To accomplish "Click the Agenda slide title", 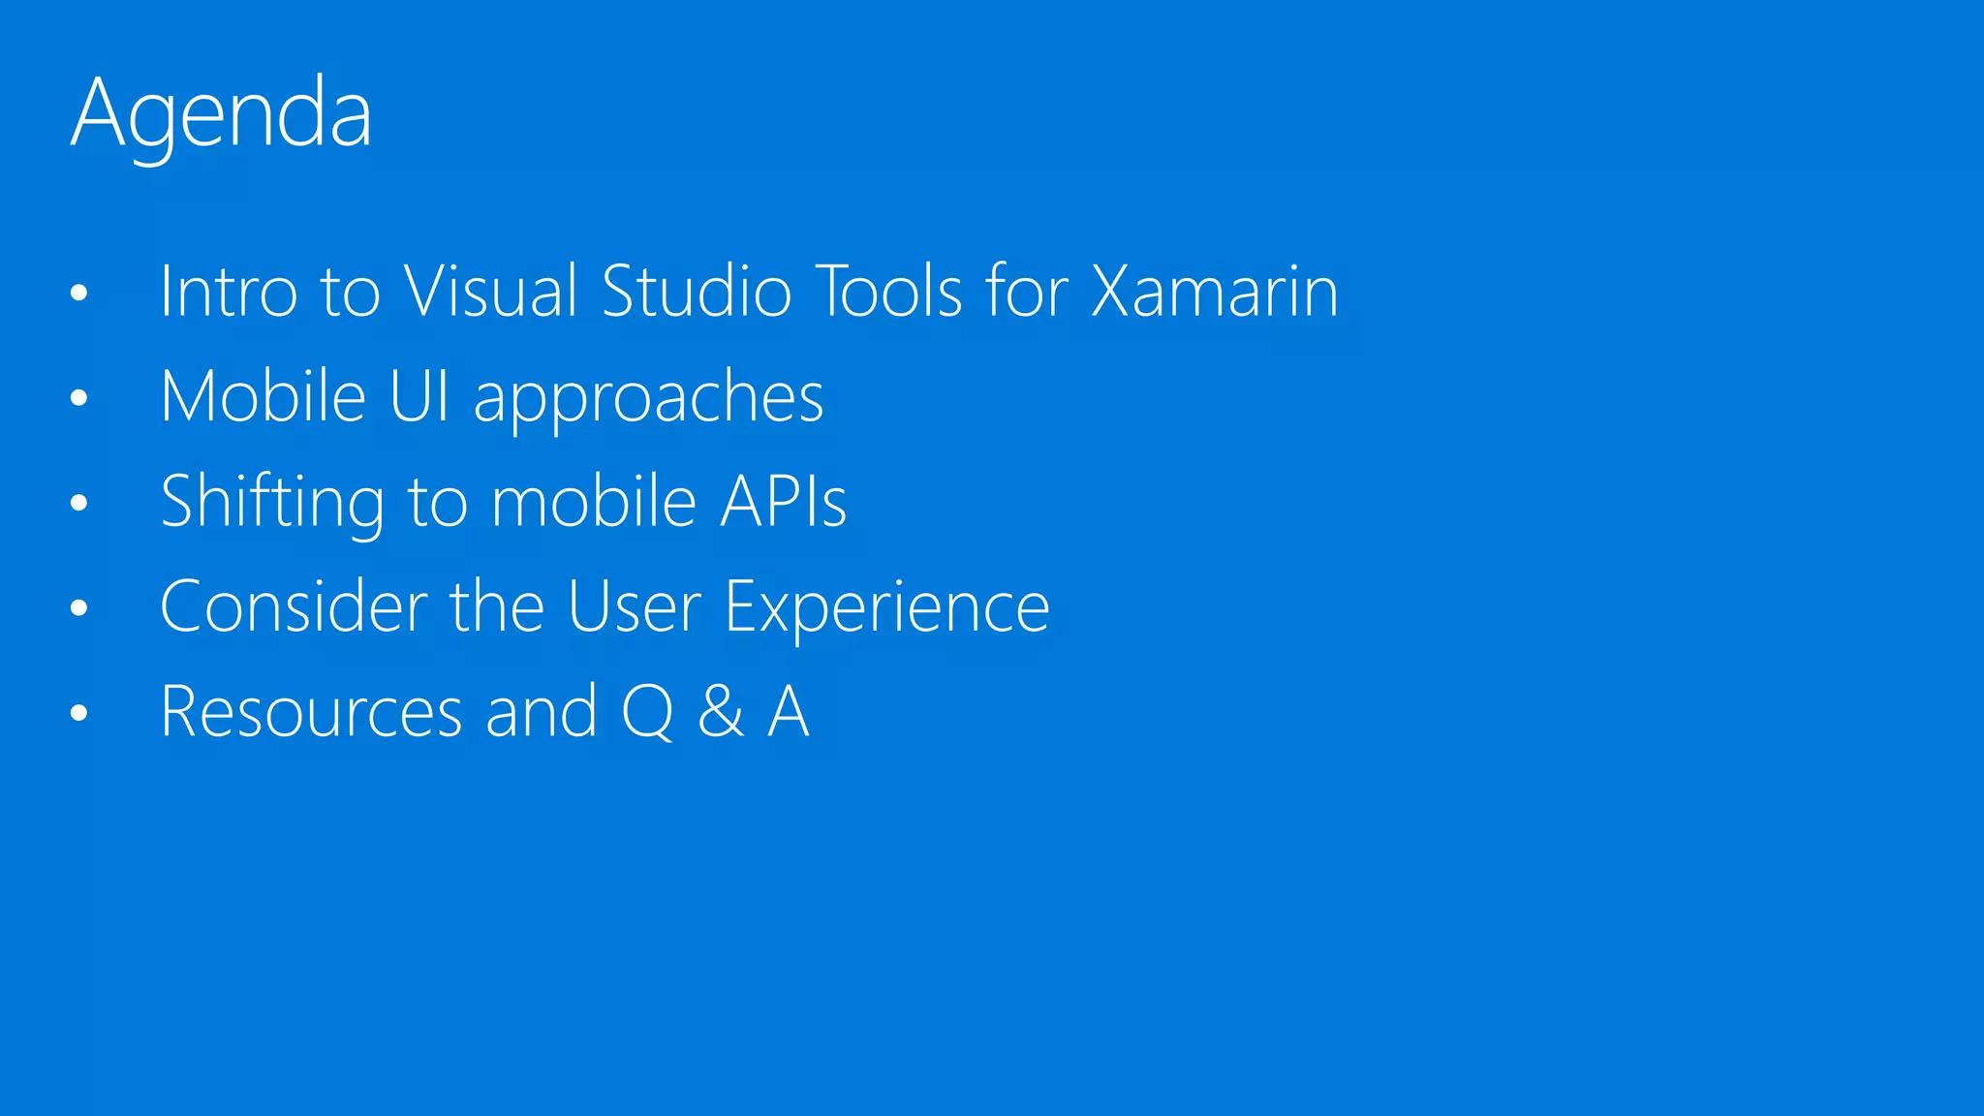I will [221, 114].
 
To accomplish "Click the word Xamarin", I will [1215, 291].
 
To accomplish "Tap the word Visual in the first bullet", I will [491, 291].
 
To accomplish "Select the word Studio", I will [697, 291].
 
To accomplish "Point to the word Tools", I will [890, 291].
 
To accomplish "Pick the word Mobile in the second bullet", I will [263, 396].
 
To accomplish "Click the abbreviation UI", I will [419, 396].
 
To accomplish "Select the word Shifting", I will [272, 503].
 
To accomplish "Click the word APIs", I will [783, 501].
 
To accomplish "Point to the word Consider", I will [293, 606].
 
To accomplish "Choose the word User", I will [634, 606].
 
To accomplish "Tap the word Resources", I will [311, 712].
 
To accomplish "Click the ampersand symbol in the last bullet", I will [721, 712].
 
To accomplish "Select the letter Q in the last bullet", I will [647, 712].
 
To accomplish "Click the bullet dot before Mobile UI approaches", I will [79, 397].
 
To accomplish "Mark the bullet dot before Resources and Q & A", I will [79, 713].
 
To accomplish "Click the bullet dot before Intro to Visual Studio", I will [79, 292].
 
